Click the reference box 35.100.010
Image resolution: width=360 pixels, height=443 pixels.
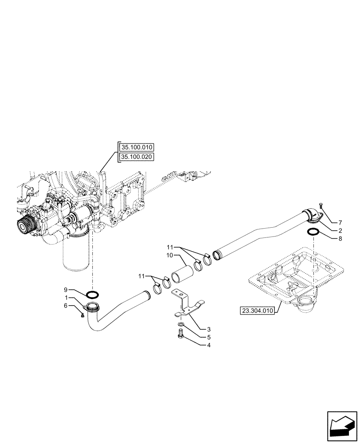click(x=136, y=148)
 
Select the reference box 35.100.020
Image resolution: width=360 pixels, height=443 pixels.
click(x=136, y=157)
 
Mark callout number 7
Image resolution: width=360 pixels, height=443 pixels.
click(x=340, y=222)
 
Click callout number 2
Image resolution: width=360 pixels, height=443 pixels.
click(x=340, y=230)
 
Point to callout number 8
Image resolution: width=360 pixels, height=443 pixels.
click(x=340, y=238)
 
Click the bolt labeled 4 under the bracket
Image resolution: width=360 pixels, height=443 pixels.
click(x=180, y=338)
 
